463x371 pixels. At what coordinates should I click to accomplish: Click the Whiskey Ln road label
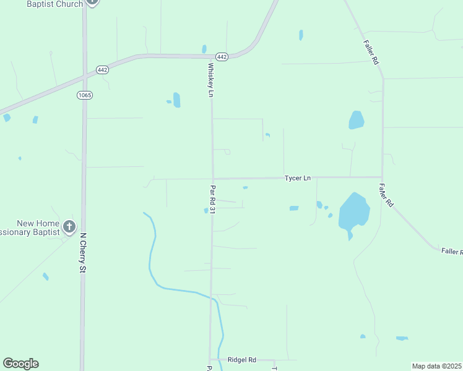click(x=210, y=80)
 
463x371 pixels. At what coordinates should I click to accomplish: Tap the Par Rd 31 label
click(x=212, y=199)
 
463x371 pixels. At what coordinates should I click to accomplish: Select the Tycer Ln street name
click(x=297, y=178)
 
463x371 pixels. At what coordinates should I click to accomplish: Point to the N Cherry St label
click(x=83, y=253)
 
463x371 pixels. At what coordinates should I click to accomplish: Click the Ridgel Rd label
click(x=241, y=359)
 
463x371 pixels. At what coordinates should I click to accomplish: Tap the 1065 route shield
click(x=85, y=95)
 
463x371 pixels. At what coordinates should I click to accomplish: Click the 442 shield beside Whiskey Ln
click(x=222, y=57)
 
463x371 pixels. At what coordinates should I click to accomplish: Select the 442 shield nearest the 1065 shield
click(x=102, y=70)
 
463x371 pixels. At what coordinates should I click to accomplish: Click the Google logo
click(x=20, y=364)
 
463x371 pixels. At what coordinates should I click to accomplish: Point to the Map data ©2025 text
click(x=437, y=366)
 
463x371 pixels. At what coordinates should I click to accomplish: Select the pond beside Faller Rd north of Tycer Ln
click(x=356, y=120)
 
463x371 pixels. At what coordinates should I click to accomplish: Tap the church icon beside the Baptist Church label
click(x=92, y=2)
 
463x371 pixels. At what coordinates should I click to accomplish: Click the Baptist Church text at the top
click(x=54, y=4)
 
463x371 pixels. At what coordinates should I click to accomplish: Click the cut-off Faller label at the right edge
click(x=452, y=251)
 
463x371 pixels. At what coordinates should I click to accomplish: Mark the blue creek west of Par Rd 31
click(x=151, y=254)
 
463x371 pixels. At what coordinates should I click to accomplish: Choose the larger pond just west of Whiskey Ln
click(x=176, y=100)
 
